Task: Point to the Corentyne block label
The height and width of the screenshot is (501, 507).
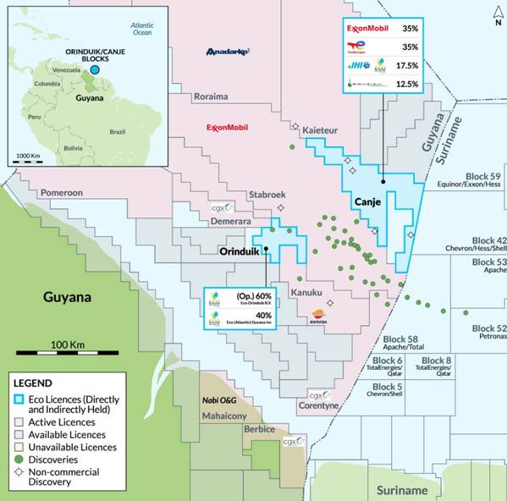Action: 319,406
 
